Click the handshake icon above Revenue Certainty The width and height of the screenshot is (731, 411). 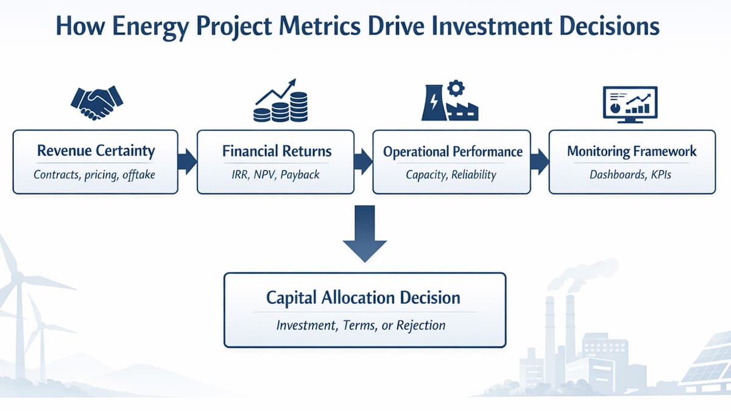(97, 102)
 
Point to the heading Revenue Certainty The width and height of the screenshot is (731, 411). (96, 150)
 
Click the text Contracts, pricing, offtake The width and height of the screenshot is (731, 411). (95, 175)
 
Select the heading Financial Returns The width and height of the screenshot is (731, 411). (277, 150)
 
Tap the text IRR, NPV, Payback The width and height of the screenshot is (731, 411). (277, 175)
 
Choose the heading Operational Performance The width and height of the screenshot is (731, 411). (453, 151)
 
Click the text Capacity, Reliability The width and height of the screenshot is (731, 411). (451, 175)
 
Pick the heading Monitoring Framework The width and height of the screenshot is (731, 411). (632, 150)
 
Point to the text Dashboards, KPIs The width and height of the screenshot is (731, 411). (631, 175)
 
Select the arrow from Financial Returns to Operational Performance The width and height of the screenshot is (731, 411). (363, 161)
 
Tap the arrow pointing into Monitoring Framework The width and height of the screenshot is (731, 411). (540, 161)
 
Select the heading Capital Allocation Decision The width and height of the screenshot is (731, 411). (364, 298)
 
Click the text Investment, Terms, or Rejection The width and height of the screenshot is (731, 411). (361, 325)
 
